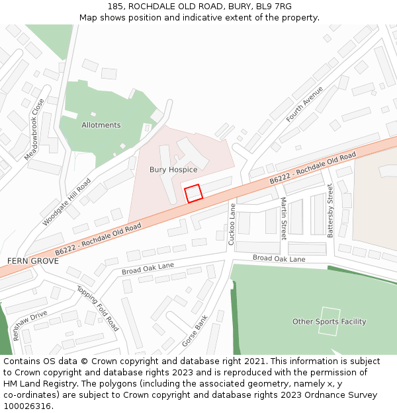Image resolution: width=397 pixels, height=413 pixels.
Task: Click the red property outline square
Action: [x=193, y=194]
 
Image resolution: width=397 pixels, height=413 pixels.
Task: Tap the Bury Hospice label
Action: [x=173, y=170]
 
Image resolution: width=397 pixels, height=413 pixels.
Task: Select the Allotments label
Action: [x=101, y=125]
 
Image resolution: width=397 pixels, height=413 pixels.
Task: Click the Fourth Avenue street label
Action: [x=304, y=104]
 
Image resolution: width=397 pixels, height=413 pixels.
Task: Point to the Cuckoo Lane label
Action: [x=232, y=225]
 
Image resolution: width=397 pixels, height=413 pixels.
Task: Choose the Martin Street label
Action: [x=283, y=218]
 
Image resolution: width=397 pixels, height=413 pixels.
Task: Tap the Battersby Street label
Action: [x=331, y=211]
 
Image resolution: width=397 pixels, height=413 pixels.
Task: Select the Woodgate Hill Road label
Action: [x=67, y=202]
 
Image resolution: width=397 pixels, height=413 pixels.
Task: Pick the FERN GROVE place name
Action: [x=33, y=261]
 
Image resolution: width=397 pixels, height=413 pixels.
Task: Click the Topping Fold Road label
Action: [x=98, y=309]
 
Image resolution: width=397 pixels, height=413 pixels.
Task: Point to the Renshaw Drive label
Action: [x=30, y=325]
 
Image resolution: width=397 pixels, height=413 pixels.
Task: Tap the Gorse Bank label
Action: [x=195, y=331]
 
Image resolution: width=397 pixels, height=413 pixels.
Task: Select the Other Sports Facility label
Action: [x=330, y=322]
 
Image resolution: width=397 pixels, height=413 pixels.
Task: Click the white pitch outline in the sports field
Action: [x=329, y=321]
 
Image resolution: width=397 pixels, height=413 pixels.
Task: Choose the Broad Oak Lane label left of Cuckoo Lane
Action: [x=148, y=268]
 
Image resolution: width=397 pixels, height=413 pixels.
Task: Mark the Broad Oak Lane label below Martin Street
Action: [x=279, y=259]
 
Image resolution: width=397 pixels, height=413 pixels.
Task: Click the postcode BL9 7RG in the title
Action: [x=274, y=7]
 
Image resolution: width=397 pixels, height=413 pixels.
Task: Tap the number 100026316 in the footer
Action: [x=26, y=406]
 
